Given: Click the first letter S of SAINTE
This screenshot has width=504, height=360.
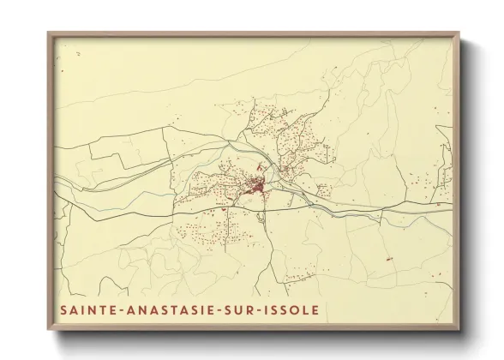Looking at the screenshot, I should (64, 309).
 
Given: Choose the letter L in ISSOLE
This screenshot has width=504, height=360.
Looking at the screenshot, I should (307, 309).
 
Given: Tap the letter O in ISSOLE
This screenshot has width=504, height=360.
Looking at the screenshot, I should (297, 309).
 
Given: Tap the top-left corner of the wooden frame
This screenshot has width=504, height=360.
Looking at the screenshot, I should (48, 33).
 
